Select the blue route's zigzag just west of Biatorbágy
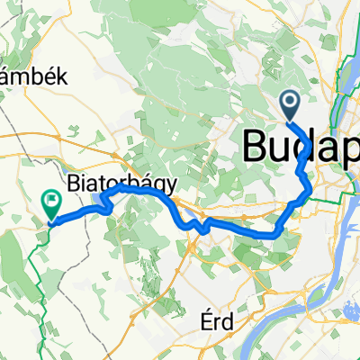coord(108,202)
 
